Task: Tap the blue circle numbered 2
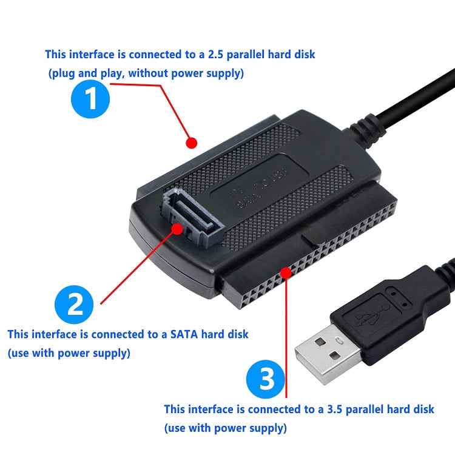pos(74,305)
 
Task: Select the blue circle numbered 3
pos(265,379)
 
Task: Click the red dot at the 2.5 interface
pos(192,143)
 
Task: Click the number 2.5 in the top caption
pos(217,55)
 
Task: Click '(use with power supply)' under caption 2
pos(69,352)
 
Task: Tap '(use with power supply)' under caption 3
pos(225,428)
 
